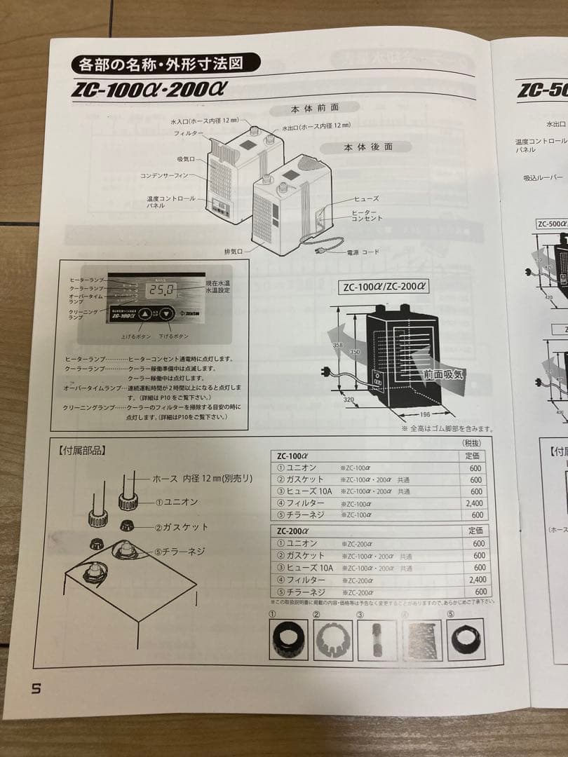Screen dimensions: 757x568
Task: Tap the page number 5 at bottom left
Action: [36, 688]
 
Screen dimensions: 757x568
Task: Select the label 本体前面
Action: [315, 109]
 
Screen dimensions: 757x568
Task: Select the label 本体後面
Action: [367, 147]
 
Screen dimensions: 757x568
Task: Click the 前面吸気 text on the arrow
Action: [442, 374]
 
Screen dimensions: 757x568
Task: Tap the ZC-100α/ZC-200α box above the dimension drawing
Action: [385, 286]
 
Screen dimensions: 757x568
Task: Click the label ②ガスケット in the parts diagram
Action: [180, 526]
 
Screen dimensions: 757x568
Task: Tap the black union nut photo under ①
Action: [289, 636]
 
